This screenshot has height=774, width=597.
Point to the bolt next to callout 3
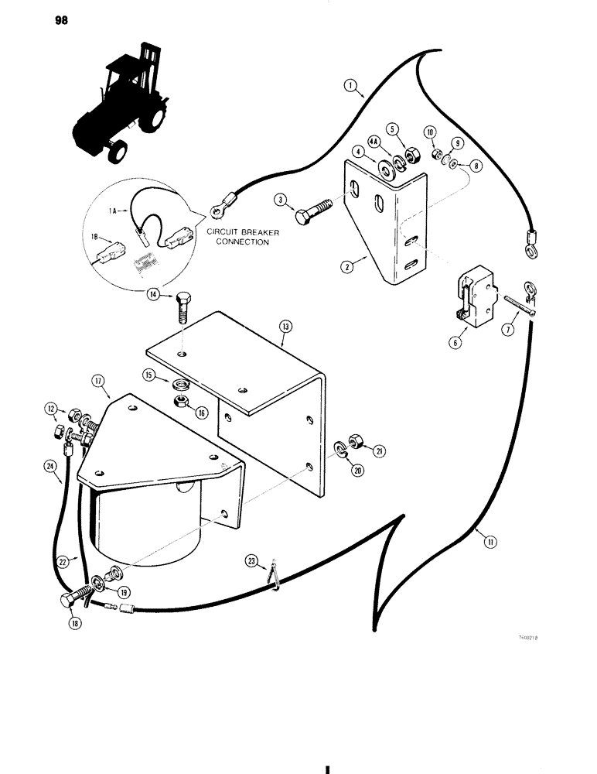[313, 211]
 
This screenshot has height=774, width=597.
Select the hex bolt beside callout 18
[69, 599]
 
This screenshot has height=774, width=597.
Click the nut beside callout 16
[180, 400]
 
